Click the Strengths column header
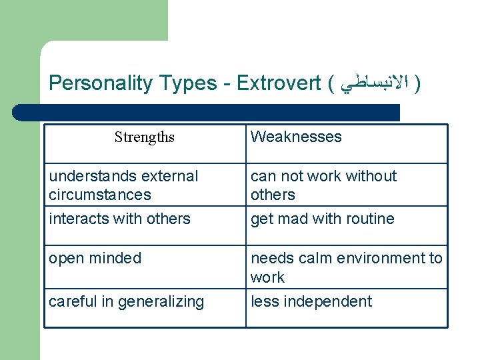click(x=144, y=137)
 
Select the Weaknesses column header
click(x=295, y=137)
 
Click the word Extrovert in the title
click(x=279, y=83)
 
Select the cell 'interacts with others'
click(x=119, y=219)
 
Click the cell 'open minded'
click(x=95, y=258)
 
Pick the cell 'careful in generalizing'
click(x=126, y=301)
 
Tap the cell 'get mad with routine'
click(x=322, y=219)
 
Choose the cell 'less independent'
click(x=311, y=301)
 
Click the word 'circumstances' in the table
click(x=100, y=195)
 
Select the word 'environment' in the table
click(x=385, y=258)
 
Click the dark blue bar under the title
click(x=207, y=112)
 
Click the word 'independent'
click(x=327, y=301)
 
